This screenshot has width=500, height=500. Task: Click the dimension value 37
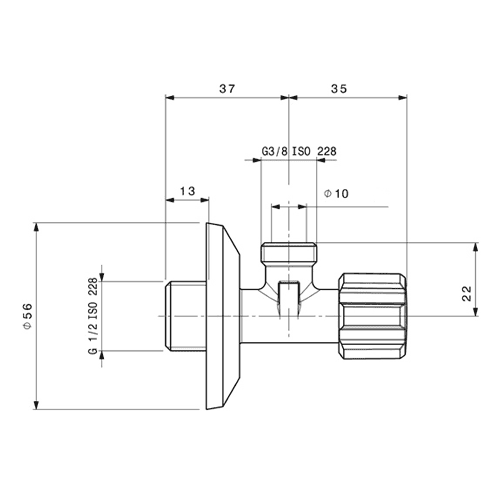pyautogui.click(x=227, y=89)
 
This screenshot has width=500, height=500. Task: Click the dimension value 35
pyautogui.click(x=339, y=89)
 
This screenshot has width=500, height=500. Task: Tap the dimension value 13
pyautogui.click(x=187, y=191)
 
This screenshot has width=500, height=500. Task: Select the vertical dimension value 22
pyautogui.click(x=467, y=293)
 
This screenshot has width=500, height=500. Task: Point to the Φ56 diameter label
pyautogui.click(x=28, y=316)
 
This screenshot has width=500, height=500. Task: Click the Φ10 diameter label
pyautogui.click(x=336, y=193)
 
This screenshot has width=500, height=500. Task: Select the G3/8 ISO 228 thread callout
pyautogui.click(x=299, y=151)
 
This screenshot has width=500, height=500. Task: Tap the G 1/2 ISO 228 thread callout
pyautogui.click(x=93, y=316)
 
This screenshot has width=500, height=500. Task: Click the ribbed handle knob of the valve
pyautogui.click(x=373, y=316)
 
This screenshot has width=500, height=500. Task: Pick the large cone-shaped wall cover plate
pyautogui.click(x=223, y=316)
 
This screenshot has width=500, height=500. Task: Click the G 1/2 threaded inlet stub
pyautogui.click(x=186, y=316)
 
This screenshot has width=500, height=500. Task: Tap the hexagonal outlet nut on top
pyautogui.click(x=289, y=252)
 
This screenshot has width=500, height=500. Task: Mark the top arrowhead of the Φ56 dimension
pyautogui.click(x=37, y=227)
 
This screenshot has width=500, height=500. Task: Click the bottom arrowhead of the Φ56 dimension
pyautogui.click(x=37, y=405)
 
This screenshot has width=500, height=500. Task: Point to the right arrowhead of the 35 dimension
pyautogui.click(x=403, y=97)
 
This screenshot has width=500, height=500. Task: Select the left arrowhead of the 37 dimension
pyautogui.click(x=170, y=97)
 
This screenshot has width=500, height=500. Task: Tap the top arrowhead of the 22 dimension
pyautogui.click(x=476, y=247)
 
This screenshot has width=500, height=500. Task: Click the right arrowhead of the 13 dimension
pyautogui.click(x=204, y=200)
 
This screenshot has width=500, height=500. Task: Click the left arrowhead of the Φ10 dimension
pyautogui.click(x=276, y=207)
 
